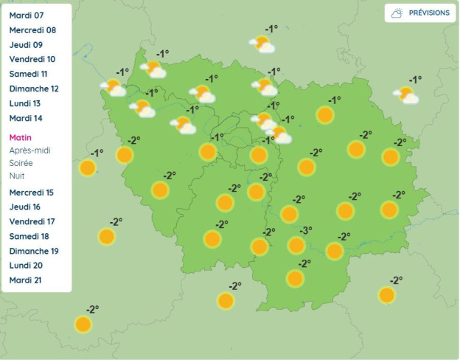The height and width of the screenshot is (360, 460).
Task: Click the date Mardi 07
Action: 27,15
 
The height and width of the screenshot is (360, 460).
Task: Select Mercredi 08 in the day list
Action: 32,30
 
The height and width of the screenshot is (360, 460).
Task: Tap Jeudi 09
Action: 26,45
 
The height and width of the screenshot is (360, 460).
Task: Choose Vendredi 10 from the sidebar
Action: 32,59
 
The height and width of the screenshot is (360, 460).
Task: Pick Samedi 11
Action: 29,74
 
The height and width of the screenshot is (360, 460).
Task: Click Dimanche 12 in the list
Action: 34,89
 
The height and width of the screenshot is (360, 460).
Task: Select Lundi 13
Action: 25,103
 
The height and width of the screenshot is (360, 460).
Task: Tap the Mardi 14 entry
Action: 26,118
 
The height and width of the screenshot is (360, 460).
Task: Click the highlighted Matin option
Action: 21,137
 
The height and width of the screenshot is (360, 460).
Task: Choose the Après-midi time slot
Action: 29,150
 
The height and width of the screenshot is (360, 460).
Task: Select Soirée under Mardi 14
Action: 21,162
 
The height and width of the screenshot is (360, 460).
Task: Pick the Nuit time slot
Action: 17,176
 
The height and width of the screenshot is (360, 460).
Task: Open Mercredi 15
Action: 32,193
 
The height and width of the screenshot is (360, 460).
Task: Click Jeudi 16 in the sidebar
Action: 26,207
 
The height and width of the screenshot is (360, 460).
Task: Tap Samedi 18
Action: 29,236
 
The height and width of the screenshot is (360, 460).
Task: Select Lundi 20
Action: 26,266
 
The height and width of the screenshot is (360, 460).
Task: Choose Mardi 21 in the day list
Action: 26,280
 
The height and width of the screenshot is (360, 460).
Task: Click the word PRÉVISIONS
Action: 429,13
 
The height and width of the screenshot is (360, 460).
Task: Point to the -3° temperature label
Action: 305,230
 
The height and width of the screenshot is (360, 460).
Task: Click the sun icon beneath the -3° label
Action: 296,245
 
